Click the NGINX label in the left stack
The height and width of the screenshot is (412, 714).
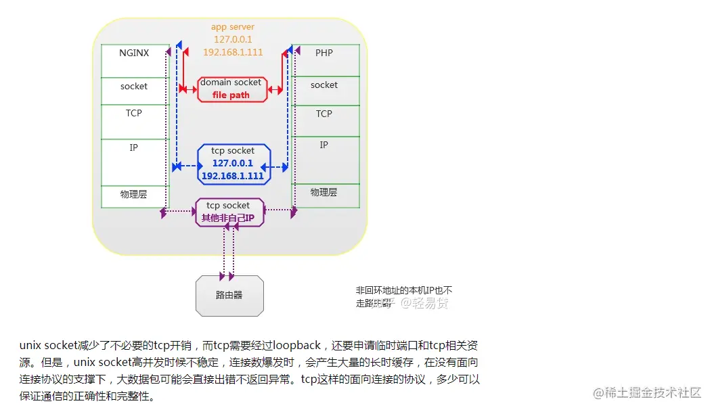(134, 53)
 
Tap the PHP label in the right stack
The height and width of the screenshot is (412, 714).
(324, 53)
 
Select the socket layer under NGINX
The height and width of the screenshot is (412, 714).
(134, 87)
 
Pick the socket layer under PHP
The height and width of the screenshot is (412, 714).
(324, 85)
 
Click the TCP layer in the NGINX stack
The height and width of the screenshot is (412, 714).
(134, 113)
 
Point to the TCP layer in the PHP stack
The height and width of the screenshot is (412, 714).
(324, 114)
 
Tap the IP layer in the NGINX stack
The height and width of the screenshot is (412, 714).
(134, 147)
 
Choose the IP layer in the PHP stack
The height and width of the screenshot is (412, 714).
(324, 145)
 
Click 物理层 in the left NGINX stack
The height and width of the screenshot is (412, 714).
(134, 194)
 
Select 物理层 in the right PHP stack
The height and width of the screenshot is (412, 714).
(324, 192)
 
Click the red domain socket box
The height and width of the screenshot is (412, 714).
(231, 89)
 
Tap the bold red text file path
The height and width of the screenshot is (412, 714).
(231, 95)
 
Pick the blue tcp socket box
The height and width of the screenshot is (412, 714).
(232, 164)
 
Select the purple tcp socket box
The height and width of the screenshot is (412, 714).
(228, 212)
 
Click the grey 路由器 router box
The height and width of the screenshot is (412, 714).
(229, 296)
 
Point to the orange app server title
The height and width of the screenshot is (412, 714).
(233, 27)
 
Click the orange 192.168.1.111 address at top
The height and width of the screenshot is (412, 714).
(233, 51)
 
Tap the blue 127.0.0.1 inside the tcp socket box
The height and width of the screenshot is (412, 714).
(232, 163)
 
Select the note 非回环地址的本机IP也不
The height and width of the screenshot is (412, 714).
(404, 290)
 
